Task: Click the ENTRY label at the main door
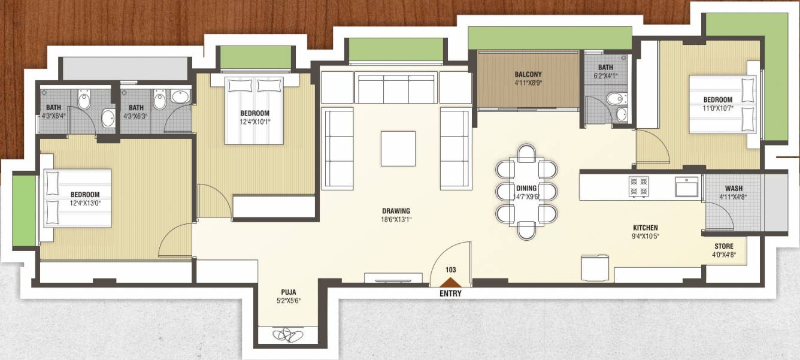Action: [x=450, y=294]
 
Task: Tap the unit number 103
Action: [x=450, y=270]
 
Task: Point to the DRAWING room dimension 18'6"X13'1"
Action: [x=396, y=219]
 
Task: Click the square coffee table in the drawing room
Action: [x=398, y=148]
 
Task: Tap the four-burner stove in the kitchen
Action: [x=638, y=186]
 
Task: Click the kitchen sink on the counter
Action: [x=686, y=187]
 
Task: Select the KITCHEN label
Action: [x=646, y=228]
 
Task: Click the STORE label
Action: [x=723, y=246]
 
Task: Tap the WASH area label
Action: [x=734, y=188]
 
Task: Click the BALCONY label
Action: [x=528, y=75]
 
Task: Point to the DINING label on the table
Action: [x=526, y=188]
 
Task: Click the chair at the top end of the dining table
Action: [x=526, y=153]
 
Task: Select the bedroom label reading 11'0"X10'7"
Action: [x=717, y=109]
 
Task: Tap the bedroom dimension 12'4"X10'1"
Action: [x=254, y=122]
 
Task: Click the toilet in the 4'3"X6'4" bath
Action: [x=84, y=100]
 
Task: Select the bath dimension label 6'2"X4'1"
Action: [x=605, y=76]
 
